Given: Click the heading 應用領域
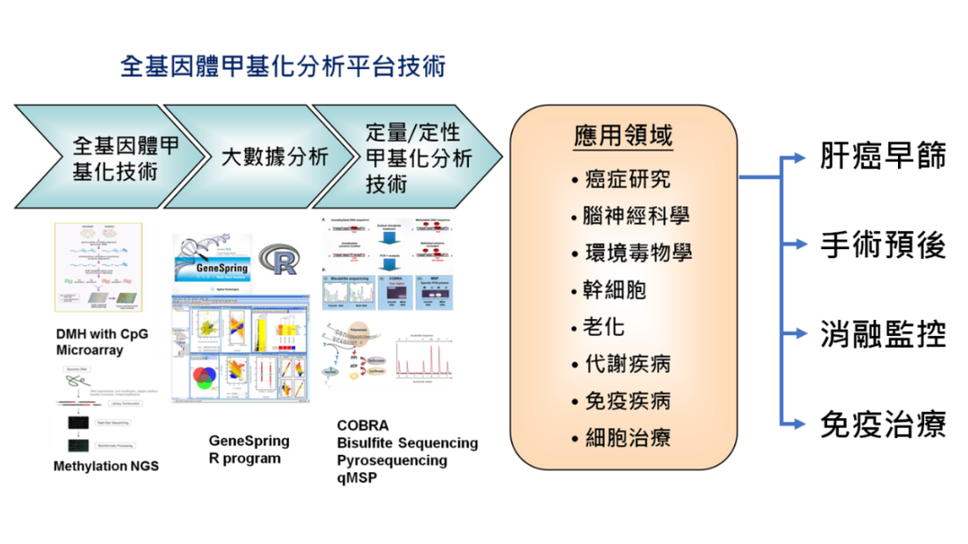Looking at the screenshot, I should (623, 136).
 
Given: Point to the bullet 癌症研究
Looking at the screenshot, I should (627, 179).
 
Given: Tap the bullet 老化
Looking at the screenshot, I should (603, 326).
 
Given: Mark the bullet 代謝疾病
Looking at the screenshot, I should (627, 363).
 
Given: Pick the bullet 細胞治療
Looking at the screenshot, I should (627, 437).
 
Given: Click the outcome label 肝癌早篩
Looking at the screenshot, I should (882, 157).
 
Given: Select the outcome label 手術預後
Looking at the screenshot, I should (882, 247).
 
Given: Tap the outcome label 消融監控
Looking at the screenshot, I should (882, 335).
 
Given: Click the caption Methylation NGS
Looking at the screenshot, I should (106, 466).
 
